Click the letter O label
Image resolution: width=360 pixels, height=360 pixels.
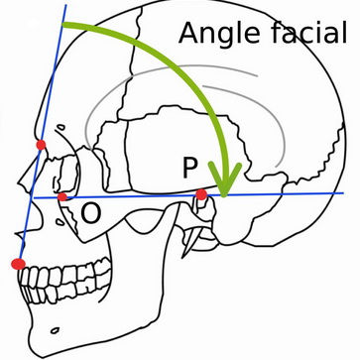[x=90, y=212]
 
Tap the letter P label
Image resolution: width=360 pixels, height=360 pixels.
[x=191, y=169]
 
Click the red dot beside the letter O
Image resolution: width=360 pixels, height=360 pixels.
[x=63, y=197]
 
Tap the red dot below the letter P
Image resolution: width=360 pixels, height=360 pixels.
[x=201, y=194]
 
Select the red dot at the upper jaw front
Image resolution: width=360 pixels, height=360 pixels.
[x=17, y=264]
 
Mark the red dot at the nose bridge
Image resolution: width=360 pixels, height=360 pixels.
[x=41, y=146]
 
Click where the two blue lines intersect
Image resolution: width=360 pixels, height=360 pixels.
[x=33, y=197]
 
